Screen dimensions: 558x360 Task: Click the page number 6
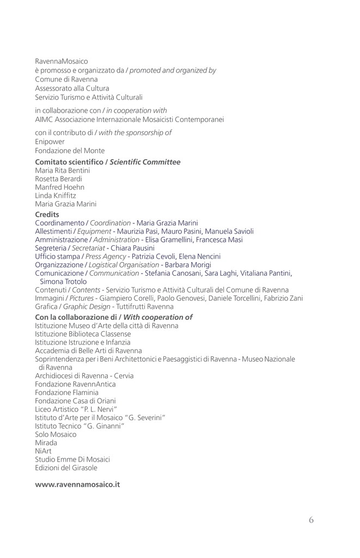coord(311,520)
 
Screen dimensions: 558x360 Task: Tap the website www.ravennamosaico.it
coord(77,484)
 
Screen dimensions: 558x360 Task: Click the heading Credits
coord(47,215)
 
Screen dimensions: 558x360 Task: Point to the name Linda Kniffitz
coord(56,195)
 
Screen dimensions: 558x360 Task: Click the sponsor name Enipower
coord(50,142)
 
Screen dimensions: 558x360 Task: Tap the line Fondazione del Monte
coord(70,150)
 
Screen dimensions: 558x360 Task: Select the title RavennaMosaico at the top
coord(62,62)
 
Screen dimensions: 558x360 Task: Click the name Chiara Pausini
coord(136,248)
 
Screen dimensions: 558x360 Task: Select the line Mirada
coord(46,442)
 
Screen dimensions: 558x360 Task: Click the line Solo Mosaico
coord(56,434)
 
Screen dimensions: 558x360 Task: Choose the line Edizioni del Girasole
coord(66,468)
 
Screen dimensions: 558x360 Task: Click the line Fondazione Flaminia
coord(66,392)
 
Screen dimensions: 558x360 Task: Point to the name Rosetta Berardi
coord(58,179)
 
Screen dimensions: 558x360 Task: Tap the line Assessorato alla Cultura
coord(72,88)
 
